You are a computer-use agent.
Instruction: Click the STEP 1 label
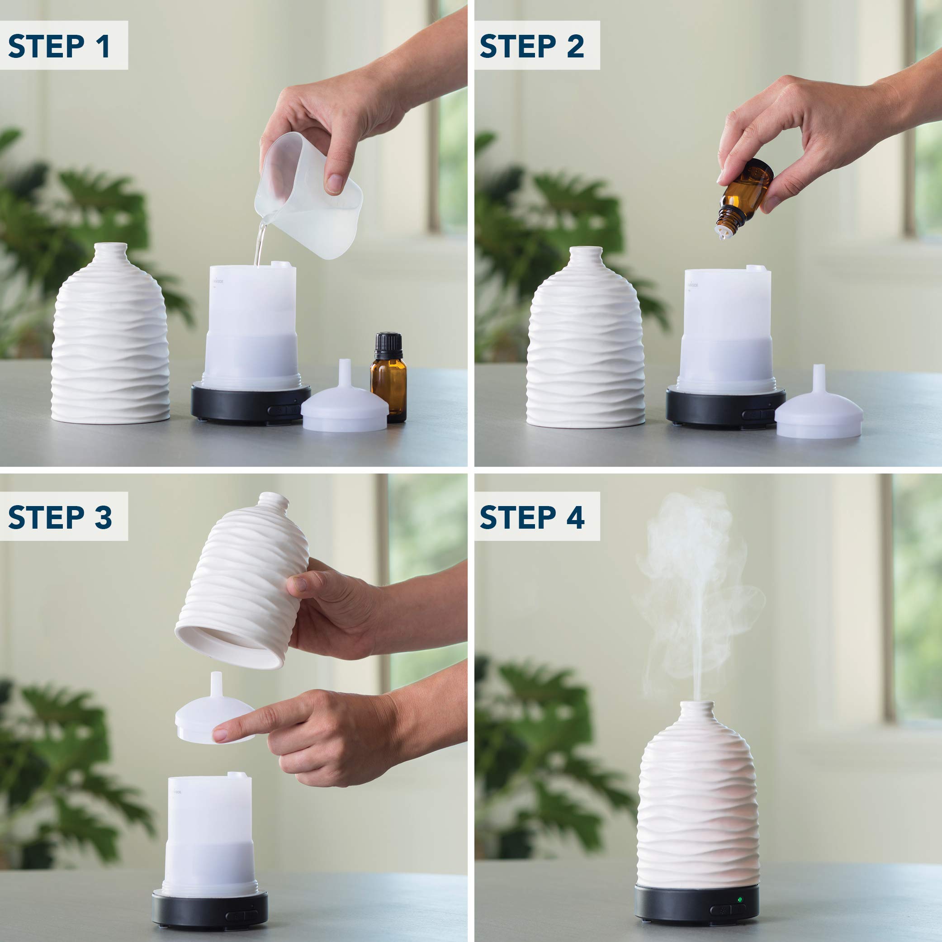60,46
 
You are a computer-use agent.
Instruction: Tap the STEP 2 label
532,46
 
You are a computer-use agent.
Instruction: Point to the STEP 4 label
532,517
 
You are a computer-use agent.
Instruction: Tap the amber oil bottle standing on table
388,385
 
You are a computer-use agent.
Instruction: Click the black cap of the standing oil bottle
388,341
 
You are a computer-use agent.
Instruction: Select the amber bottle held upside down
743,195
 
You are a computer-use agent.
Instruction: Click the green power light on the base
740,899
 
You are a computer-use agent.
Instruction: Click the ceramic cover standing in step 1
110,341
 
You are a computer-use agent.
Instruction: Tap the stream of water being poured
260,244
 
